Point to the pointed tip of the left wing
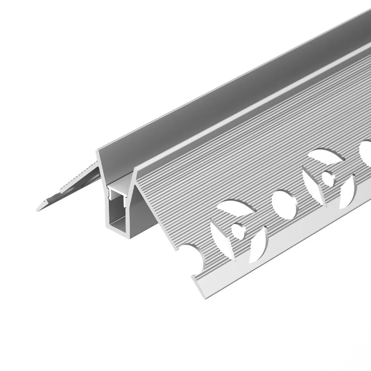pyautogui.click(x=37, y=208)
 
